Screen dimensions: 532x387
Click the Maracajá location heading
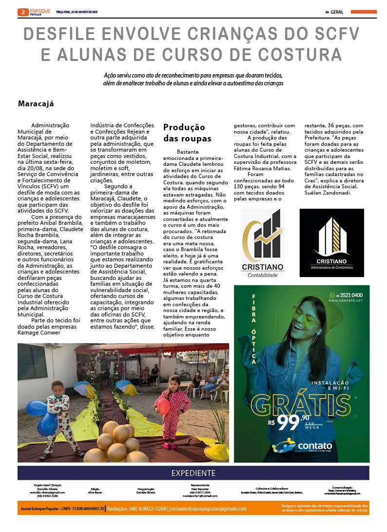36,103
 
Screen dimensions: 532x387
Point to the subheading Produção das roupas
184,132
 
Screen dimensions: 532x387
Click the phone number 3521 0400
348,295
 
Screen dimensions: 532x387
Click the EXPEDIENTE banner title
193,473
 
